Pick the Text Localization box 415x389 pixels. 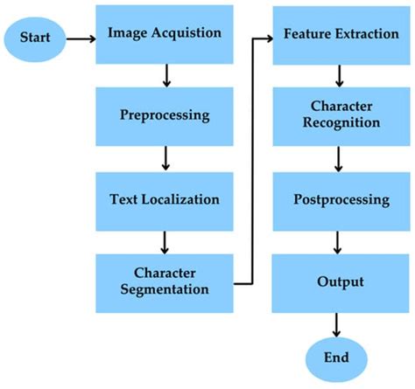[165, 198]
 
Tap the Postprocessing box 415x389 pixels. [337, 198]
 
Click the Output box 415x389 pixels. [337, 281]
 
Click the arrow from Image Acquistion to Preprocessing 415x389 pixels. [165, 76]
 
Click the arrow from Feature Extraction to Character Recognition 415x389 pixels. [337, 76]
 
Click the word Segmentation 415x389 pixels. [165, 288]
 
